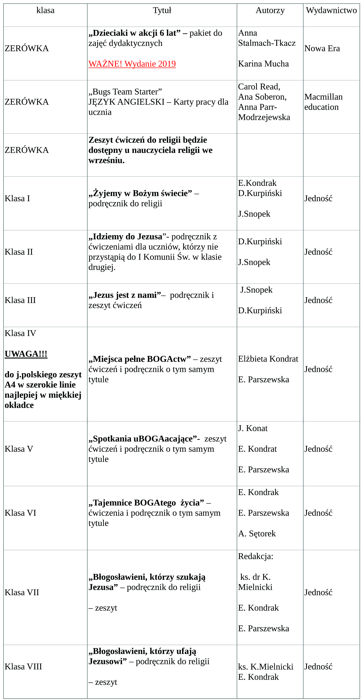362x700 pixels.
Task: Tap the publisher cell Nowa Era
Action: click(322, 48)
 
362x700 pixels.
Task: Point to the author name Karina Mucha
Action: click(263, 64)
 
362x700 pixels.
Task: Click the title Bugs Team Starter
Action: click(125, 91)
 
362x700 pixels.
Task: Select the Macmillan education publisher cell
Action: click(323, 102)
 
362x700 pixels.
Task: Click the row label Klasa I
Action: click(17, 198)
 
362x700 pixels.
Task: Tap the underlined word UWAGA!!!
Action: click(26, 354)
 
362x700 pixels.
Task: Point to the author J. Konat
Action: click(253, 428)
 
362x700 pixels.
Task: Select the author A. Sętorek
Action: click(257, 534)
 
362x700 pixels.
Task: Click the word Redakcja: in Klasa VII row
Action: click(255, 556)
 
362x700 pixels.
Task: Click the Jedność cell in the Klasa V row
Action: click(318, 449)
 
